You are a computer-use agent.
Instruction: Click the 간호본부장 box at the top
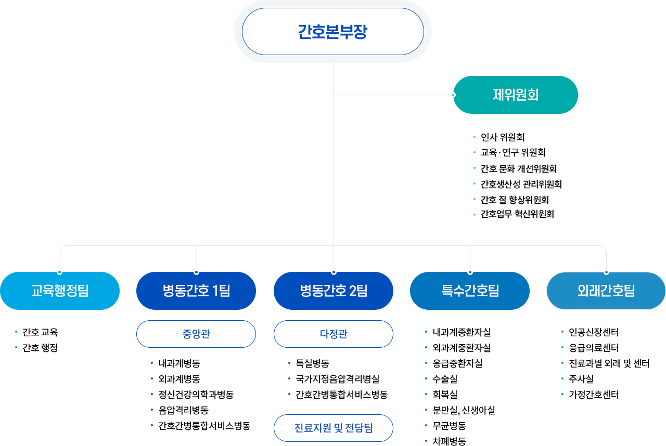point(333,32)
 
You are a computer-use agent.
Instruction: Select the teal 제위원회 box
point(516,95)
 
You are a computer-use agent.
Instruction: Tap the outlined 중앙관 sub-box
point(196,334)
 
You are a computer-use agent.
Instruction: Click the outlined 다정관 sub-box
point(334,334)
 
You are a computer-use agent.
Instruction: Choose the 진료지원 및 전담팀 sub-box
point(334,428)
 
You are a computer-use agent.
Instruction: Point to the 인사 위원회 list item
point(502,138)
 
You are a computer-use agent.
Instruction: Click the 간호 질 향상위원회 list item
point(515,200)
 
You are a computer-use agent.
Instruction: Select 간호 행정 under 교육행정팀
point(40,348)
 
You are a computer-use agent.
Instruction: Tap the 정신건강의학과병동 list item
point(196,395)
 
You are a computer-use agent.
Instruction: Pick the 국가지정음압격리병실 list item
point(337,379)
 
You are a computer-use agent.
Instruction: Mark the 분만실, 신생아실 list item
point(464,410)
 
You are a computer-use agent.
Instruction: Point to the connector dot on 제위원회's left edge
point(453,95)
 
